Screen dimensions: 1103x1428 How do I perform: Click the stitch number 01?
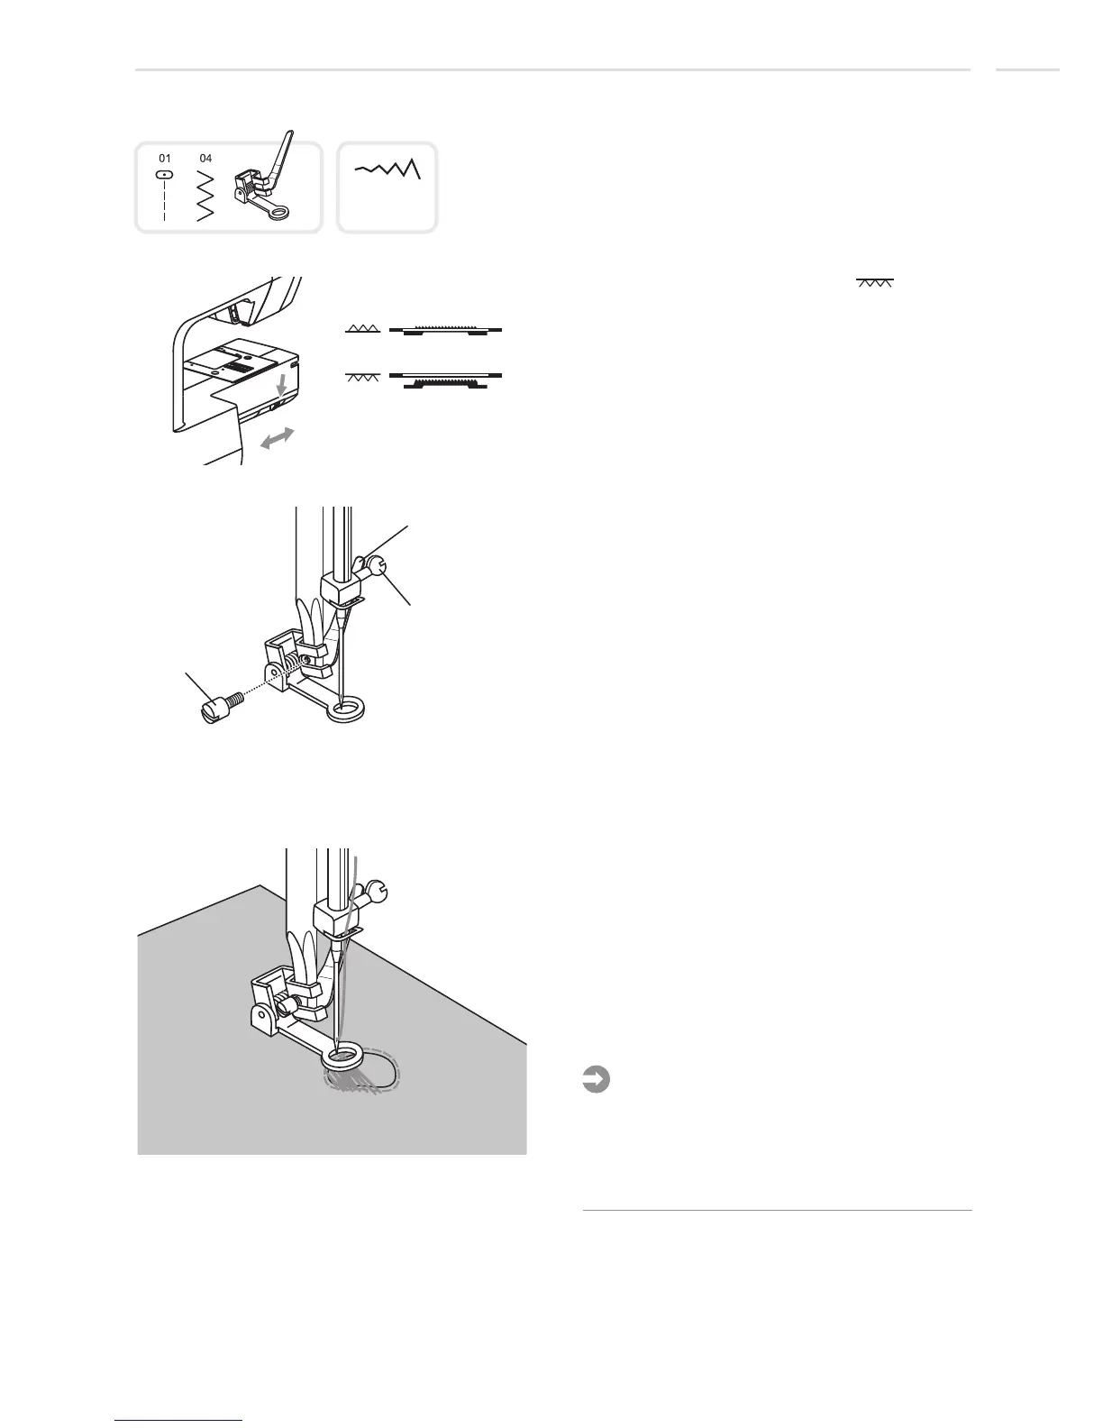point(165,158)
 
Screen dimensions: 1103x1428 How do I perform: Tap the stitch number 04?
point(205,158)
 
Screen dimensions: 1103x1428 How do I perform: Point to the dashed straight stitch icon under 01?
point(165,195)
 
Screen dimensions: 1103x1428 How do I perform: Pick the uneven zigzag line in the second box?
point(387,169)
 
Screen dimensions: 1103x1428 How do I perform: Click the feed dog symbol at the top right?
point(874,283)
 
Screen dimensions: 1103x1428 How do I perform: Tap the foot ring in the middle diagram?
point(345,713)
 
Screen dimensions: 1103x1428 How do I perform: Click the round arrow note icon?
point(595,1079)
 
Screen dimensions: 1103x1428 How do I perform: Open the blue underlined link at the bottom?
point(179,1420)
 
